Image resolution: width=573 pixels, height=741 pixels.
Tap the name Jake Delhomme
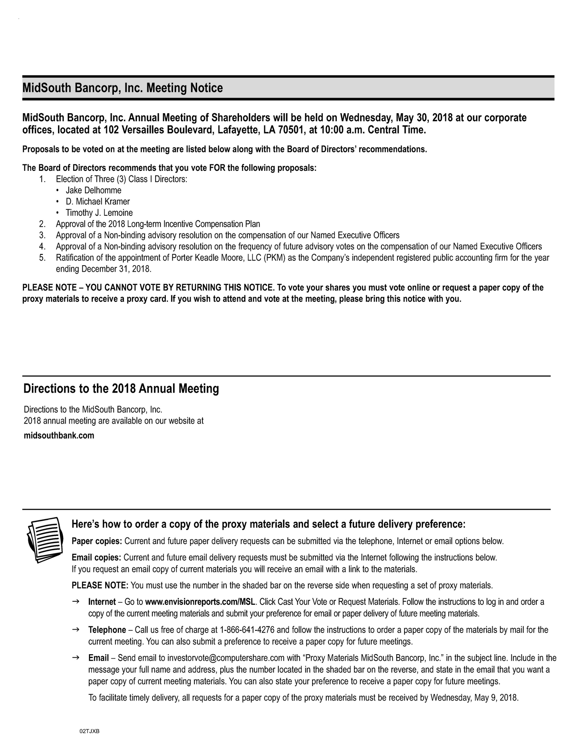pyautogui.click(x=93, y=190)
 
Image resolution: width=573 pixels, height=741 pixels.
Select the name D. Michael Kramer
pyautogui.click(x=98, y=202)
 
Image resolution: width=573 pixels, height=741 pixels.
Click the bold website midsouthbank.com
pyautogui.click(x=59, y=436)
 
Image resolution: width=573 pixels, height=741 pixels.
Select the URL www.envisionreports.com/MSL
pyautogui.click(x=200, y=602)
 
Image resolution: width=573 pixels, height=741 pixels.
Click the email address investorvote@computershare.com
pyautogui.click(x=226, y=658)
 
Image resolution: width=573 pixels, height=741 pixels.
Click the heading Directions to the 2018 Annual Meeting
pyautogui.click(x=121, y=389)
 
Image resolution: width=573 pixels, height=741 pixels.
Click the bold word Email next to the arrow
pyautogui.click(x=99, y=658)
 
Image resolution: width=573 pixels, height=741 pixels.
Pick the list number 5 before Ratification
pyautogui.click(x=42, y=258)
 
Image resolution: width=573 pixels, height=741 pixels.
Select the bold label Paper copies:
pyautogui.click(x=97, y=541)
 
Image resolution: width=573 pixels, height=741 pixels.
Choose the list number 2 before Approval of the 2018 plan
pyautogui.click(x=42, y=224)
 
